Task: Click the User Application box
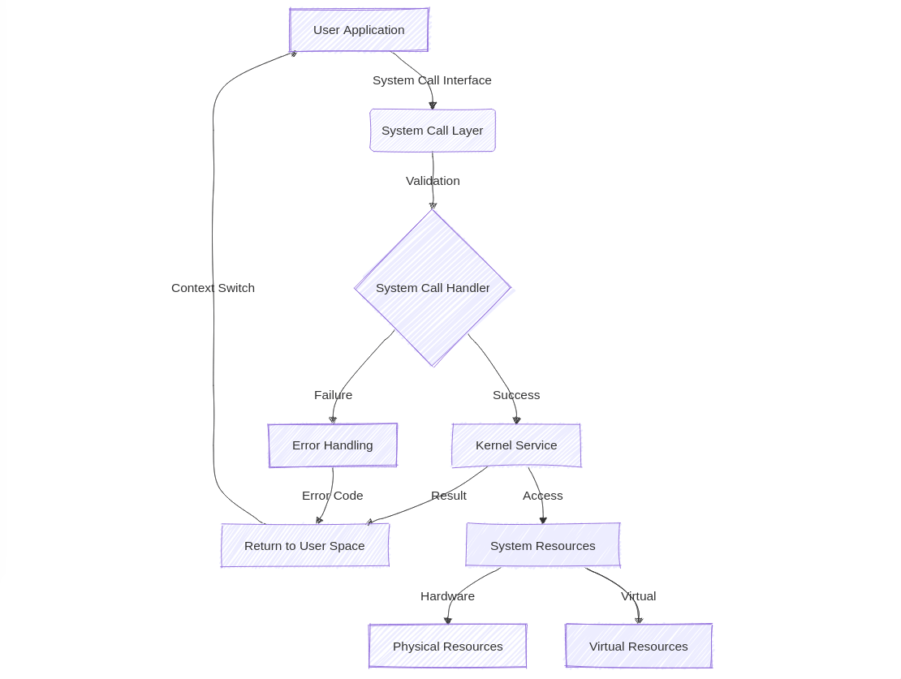(359, 30)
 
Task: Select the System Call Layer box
(432, 131)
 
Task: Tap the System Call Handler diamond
(433, 288)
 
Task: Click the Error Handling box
(333, 445)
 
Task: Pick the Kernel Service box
(516, 445)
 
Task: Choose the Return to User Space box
(304, 546)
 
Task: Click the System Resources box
(542, 546)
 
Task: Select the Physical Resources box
(447, 647)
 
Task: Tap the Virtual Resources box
(638, 647)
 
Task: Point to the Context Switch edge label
(213, 288)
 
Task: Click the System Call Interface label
(432, 80)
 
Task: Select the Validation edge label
(433, 181)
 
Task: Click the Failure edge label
(333, 395)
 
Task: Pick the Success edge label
(516, 395)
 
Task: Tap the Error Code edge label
(332, 496)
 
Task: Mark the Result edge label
(448, 496)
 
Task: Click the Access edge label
(542, 496)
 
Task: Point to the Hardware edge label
(447, 596)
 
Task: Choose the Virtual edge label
(638, 596)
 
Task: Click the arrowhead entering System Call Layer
(433, 105)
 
